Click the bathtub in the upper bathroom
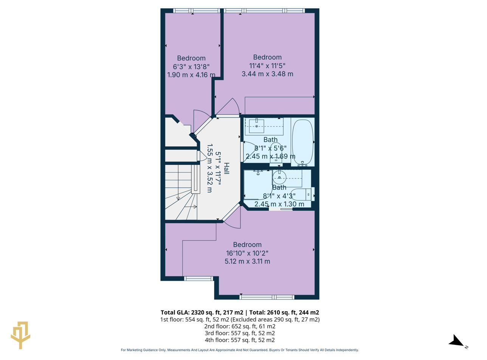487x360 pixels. click(302, 142)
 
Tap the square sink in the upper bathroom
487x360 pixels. click(257, 126)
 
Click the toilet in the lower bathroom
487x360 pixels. click(302, 194)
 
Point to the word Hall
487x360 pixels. click(226, 168)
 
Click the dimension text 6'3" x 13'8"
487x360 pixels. click(191, 67)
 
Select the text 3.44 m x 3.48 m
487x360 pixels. click(267, 74)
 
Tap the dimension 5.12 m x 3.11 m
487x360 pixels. click(247, 261)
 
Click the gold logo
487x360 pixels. click(20, 335)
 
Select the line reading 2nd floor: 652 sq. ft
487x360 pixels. click(240, 326)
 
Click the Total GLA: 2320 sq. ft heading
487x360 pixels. click(240, 312)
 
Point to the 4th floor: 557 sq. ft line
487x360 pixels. click(240, 340)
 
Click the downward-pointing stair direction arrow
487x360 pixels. click(178, 198)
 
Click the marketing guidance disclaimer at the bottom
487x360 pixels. click(240, 350)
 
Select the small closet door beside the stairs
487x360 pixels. click(202, 155)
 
